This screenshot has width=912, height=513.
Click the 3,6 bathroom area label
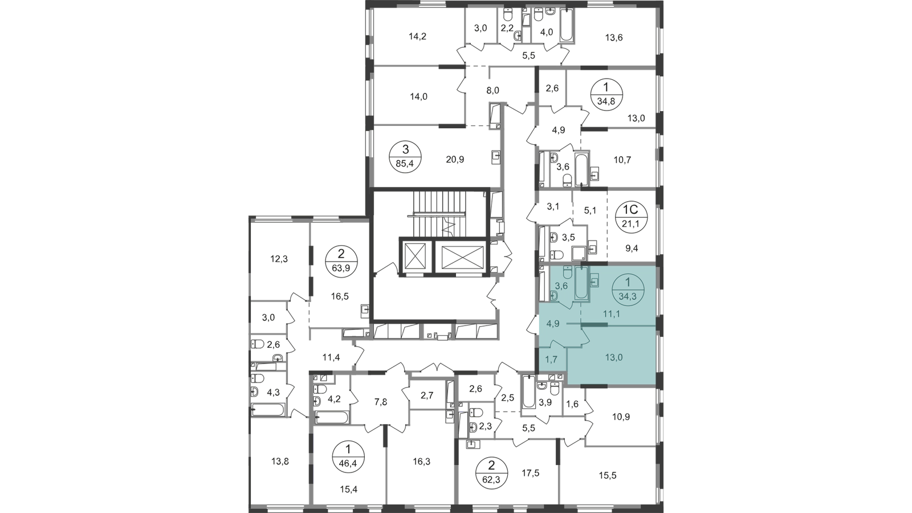click(x=561, y=286)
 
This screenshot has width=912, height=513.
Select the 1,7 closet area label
click(x=551, y=360)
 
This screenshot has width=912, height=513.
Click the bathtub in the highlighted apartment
click(x=581, y=283)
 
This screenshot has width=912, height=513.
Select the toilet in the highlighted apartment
click(x=554, y=295)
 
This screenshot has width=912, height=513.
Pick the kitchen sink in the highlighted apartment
click(x=595, y=280)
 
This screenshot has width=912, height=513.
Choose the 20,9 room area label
click(x=455, y=160)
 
